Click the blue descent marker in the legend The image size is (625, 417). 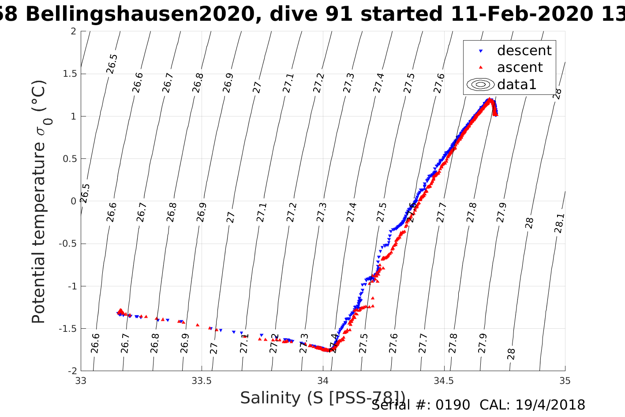(481, 51)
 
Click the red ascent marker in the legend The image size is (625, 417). (481, 68)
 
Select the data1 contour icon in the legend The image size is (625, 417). (481, 84)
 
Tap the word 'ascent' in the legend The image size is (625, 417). (520, 68)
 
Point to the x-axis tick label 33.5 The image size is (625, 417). (202, 381)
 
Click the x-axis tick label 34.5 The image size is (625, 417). (444, 381)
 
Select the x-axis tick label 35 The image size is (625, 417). (565, 381)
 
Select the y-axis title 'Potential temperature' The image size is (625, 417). (39, 229)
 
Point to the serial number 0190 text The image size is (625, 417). (453, 405)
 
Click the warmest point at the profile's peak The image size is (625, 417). (489, 99)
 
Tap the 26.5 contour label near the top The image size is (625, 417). (112, 64)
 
